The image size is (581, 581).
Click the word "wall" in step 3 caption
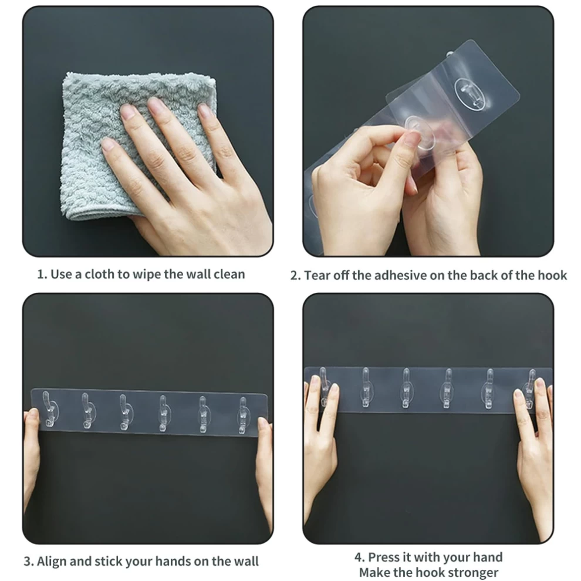[246, 562]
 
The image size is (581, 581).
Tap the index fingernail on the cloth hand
[156, 104]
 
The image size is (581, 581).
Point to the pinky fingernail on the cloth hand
[107, 144]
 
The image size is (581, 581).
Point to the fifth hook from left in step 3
[202, 414]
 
